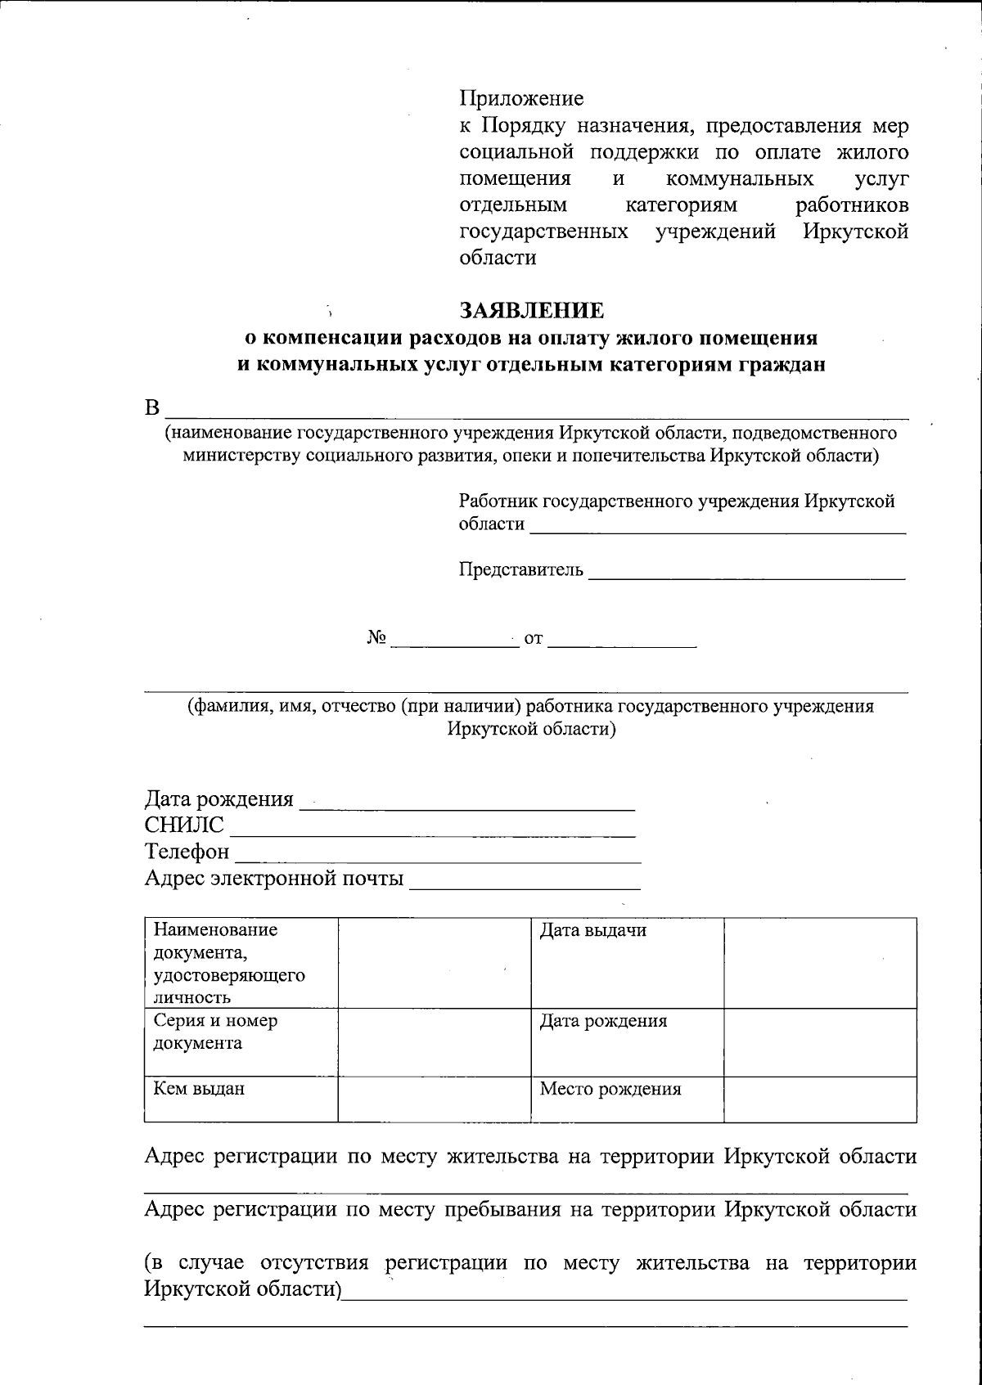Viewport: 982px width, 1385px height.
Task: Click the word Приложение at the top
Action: tap(521, 99)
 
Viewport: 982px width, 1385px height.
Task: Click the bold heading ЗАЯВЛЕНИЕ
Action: tap(532, 311)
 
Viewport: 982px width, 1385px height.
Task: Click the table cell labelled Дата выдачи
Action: tap(593, 931)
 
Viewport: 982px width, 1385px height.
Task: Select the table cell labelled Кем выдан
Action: tap(199, 1089)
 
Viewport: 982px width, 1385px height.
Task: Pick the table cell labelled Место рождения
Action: tap(610, 1089)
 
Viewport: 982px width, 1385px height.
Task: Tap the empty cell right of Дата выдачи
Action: tap(820, 962)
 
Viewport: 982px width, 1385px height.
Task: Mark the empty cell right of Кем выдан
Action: tap(435, 1099)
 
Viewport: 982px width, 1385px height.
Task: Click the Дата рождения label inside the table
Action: tap(603, 1021)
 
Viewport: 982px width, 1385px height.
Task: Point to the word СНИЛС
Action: tap(184, 825)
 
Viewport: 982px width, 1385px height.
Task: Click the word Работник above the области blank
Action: tap(498, 501)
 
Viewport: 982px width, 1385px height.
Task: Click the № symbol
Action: tap(376, 638)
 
